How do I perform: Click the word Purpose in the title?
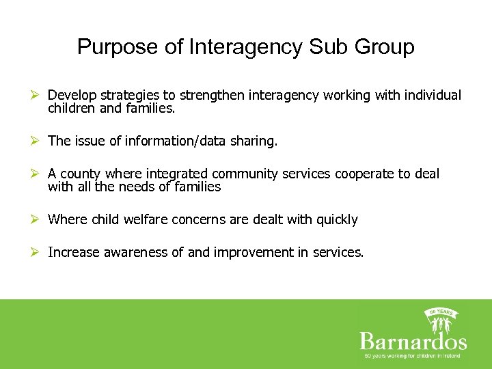point(118,47)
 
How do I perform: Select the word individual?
point(433,95)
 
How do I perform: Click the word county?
point(83,174)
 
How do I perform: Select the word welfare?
point(149,219)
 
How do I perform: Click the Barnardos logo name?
point(413,341)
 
